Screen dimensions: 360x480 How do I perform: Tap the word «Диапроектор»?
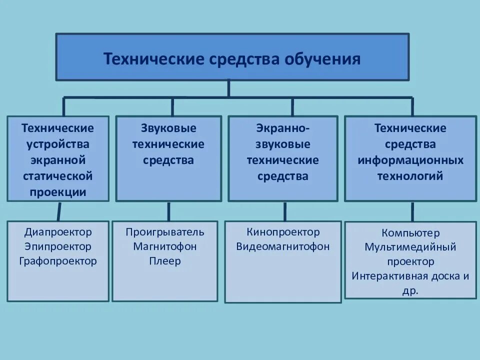[x=58, y=232]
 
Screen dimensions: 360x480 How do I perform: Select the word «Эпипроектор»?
[x=58, y=246]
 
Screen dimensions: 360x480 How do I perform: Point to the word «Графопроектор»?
[x=58, y=261]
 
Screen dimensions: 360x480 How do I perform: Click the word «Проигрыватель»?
[x=165, y=232]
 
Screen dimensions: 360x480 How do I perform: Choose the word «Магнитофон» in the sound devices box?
[x=165, y=246]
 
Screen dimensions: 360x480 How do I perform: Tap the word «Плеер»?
[x=165, y=261]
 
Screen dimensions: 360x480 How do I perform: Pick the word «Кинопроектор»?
[x=283, y=232]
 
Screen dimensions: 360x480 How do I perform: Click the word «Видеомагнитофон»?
[x=283, y=246]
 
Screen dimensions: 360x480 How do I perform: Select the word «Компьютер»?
[x=410, y=233]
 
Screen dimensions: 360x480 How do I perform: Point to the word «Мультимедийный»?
[x=410, y=247]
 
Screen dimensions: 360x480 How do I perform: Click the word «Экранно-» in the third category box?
[x=283, y=128]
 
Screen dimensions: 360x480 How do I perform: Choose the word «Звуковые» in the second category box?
[x=168, y=128]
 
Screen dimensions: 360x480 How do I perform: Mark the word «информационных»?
[x=410, y=160]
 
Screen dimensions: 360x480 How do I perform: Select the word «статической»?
[x=58, y=176]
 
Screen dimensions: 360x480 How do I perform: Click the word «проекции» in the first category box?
[x=58, y=192]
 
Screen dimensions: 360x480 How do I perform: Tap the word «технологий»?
[x=410, y=176]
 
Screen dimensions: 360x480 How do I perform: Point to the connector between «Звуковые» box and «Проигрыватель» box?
[x=168, y=211]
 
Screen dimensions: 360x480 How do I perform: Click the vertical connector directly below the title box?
[x=228, y=88]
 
